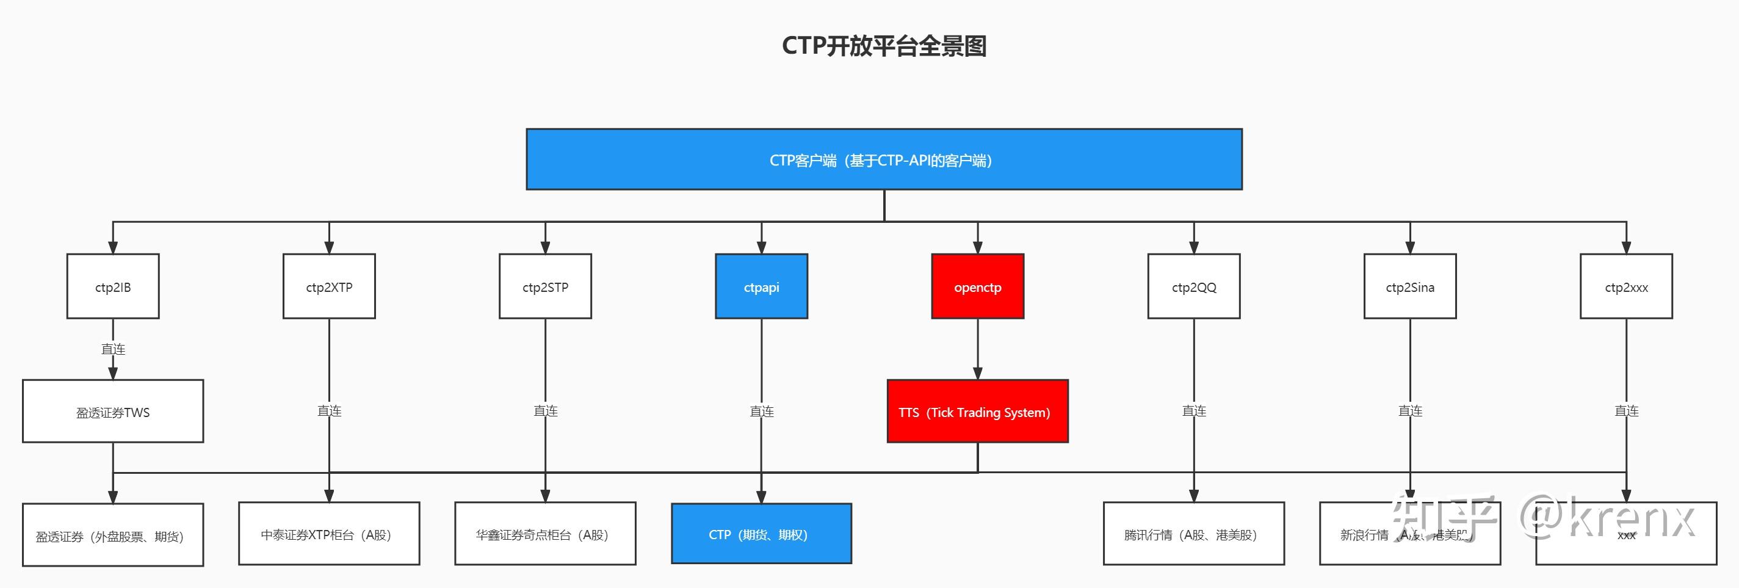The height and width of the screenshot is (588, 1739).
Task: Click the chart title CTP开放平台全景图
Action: [884, 46]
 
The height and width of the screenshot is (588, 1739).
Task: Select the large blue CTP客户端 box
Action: [884, 159]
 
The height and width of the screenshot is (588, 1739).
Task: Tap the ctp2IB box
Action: [113, 286]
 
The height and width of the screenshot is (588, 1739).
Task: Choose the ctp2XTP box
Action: [329, 286]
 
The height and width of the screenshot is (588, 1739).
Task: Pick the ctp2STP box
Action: [545, 286]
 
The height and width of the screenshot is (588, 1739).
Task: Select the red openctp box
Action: [977, 286]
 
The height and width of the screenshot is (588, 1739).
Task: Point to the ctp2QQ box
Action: [1193, 286]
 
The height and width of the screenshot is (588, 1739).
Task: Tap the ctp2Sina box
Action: [1409, 286]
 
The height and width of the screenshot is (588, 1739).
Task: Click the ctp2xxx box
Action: [1625, 286]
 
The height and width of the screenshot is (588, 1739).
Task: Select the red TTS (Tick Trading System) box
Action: [977, 411]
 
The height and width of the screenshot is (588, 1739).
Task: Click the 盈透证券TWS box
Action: [113, 411]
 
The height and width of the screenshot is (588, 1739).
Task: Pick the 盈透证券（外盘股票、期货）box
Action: [113, 535]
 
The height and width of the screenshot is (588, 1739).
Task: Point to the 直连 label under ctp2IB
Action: [113, 349]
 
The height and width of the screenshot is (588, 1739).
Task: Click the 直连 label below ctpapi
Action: [762, 410]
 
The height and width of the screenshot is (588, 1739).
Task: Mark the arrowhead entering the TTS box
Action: [977, 373]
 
